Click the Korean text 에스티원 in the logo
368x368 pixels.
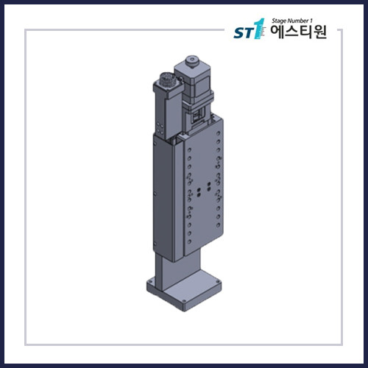tap(299, 34)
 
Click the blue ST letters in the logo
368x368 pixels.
tap(242, 34)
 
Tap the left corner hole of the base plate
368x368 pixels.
tap(150, 283)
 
